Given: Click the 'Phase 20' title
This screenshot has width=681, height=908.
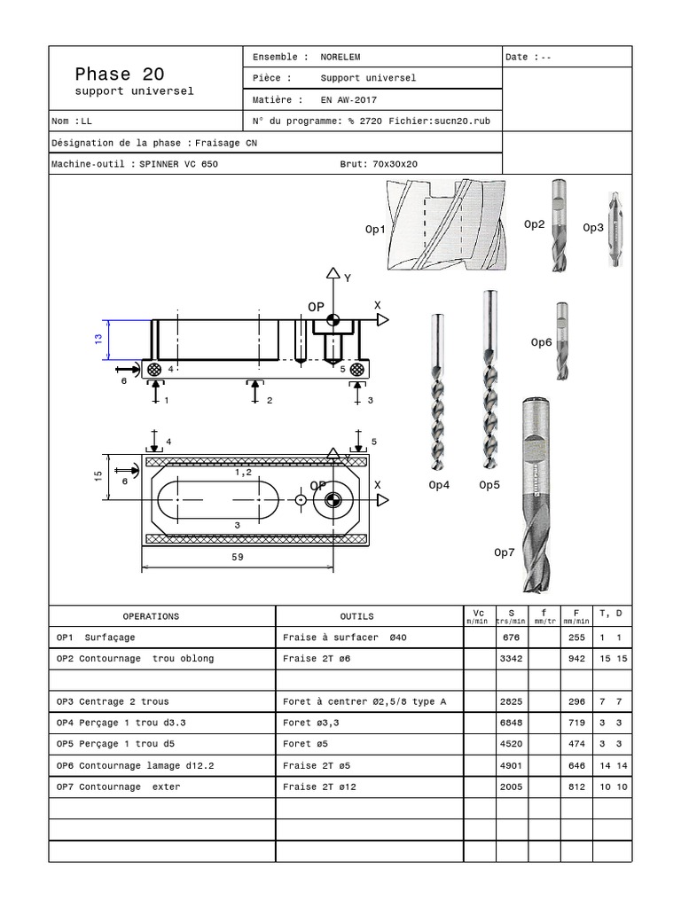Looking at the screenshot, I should coord(120,74).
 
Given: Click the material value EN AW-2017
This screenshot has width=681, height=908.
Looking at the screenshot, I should coord(348,100).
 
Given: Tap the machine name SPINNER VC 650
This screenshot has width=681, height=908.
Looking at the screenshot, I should coord(178,164).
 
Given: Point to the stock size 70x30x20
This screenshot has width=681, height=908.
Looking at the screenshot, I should coord(395,164).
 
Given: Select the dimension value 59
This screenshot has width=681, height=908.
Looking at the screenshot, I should coord(237,558).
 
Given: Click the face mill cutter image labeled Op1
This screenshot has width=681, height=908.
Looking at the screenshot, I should coord(443,225).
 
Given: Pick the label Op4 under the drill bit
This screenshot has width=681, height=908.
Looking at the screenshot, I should coord(439,485).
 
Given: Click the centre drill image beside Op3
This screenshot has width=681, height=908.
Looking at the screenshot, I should coord(611,228).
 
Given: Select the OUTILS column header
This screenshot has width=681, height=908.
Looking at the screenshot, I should coord(356,616).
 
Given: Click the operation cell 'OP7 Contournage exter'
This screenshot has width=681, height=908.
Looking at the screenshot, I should coord(118,787).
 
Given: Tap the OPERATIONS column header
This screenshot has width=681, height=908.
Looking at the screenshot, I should coord(151,616).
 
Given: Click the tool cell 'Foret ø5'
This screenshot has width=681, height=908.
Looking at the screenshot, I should coord(305,744).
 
